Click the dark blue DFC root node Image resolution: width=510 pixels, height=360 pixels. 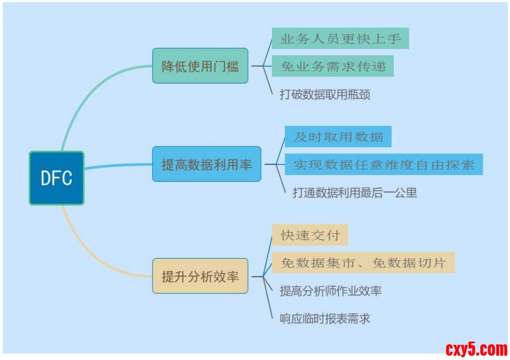coord(56,178)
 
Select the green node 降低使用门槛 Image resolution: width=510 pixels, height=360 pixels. coord(200,66)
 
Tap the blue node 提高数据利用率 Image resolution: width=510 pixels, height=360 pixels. coord(206,164)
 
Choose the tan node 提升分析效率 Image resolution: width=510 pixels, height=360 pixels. coord(200,276)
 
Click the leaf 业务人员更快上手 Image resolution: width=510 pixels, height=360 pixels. coord(340,38)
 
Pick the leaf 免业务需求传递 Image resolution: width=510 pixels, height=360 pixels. coord(333,66)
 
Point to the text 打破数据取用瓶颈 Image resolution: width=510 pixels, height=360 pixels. coord(324,94)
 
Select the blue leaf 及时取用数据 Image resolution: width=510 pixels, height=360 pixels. coord(338,137)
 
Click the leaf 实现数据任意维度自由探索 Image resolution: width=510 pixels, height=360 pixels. coord(384,164)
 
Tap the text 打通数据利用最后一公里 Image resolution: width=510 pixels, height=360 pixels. coord(355,192)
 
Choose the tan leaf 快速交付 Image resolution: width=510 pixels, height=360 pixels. coord(309,235)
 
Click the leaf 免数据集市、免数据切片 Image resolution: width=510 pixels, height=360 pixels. coord(362,263)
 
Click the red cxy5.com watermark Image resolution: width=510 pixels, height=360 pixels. coord(476,348)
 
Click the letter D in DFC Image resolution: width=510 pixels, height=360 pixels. coord(46,178)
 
